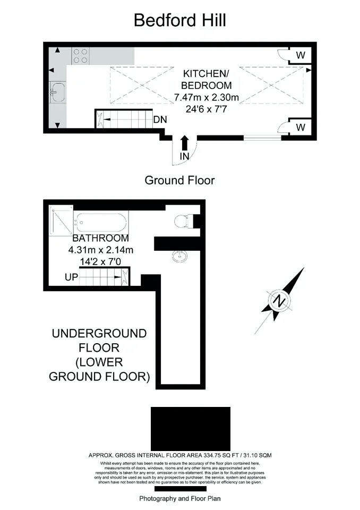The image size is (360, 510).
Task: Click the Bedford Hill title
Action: (x=180, y=20)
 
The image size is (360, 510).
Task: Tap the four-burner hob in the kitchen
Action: (x=81, y=56)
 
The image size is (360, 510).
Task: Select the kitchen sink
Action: (x=57, y=92)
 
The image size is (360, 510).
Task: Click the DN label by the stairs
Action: (x=160, y=120)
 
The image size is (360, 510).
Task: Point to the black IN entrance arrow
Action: (x=184, y=143)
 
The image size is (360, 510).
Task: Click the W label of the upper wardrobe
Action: (x=301, y=55)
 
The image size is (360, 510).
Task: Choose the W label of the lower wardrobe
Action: (x=301, y=127)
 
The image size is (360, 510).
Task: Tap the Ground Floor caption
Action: (x=179, y=180)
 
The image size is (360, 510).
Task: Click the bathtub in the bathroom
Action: (x=101, y=222)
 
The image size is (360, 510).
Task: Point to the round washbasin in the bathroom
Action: (x=179, y=256)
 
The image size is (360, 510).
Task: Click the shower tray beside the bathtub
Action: (x=61, y=220)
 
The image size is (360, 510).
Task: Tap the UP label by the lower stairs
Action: (x=72, y=277)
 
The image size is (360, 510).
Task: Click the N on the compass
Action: (x=279, y=301)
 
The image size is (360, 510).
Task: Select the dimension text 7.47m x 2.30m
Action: (x=207, y=97)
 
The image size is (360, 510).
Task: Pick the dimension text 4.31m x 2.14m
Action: (x=101, y=250)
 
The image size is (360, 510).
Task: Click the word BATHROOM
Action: (x=101, y=238)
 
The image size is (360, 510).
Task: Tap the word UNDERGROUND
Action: (x=99, y=334)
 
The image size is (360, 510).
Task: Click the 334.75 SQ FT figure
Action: (x=221, y=455)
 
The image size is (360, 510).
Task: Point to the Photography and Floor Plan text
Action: (x=180, y=498)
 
